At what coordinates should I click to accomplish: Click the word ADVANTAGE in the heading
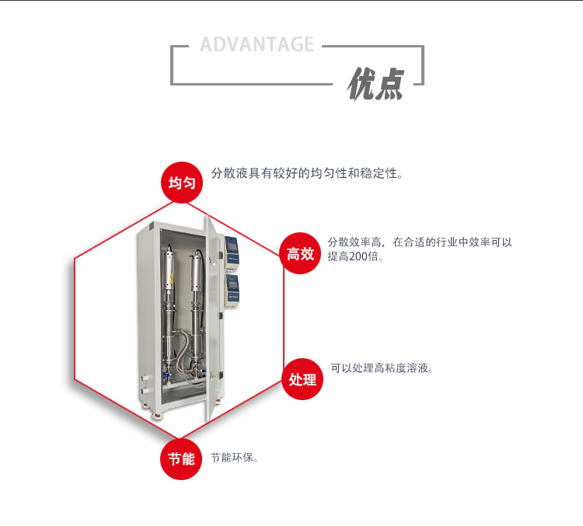click(257, 44)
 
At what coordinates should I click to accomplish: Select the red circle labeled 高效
click(301, 253)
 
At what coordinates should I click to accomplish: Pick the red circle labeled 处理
click(302, 379)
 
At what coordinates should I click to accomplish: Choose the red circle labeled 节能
click(181, 458)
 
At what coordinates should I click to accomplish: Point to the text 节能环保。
click(235, 458)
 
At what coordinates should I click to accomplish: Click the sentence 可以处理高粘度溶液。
click(382, 368)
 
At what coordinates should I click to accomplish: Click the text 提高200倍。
click(355, 256)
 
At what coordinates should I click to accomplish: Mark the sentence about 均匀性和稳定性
click(308, 173)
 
